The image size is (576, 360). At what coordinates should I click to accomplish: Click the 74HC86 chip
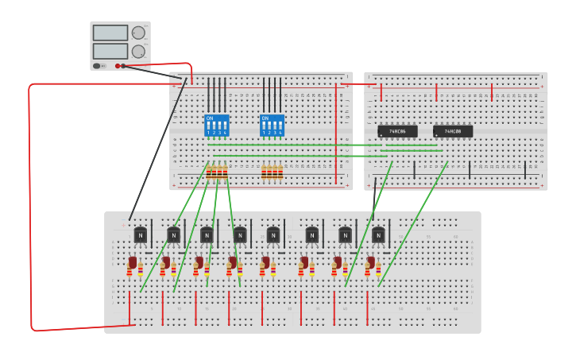point(397,131)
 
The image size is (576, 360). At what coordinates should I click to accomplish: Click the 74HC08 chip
point(453,131)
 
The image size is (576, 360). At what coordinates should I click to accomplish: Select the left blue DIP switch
point(216,126)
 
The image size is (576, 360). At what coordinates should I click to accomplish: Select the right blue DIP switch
point(272,126)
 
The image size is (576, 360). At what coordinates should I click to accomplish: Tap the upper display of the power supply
point(110,33)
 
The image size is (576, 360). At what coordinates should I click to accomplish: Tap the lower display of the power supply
point(110,51)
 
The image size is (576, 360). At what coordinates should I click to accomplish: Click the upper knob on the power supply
point(138,33)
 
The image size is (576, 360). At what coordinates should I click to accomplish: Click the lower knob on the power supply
point(138,51)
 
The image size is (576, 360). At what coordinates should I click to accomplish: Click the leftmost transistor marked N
point(141,235)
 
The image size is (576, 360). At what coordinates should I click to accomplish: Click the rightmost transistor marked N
point(378,235)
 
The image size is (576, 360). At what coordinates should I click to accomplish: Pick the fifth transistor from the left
point(273,235)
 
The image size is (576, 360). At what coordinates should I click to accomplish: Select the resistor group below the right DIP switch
point(273,172)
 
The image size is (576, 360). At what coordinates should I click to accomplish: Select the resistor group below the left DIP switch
point(217,172)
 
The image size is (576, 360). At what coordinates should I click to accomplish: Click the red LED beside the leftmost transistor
point(133,263)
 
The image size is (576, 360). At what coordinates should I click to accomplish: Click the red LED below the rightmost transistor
point(370,263)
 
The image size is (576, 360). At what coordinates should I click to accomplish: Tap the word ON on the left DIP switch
point(210,118)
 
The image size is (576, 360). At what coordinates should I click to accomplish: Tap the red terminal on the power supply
point(118,66)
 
